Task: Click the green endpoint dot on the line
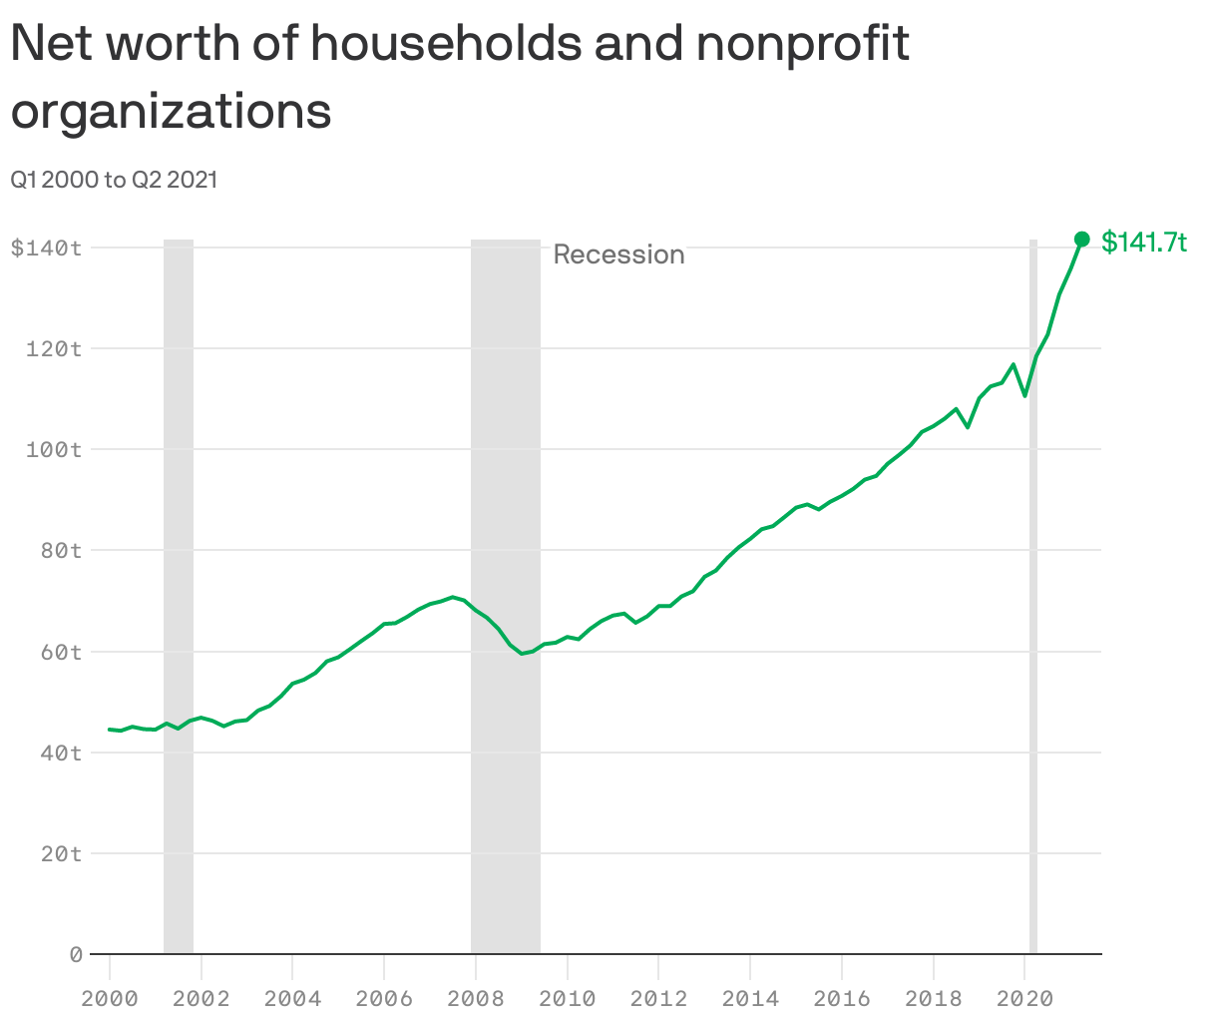1081,239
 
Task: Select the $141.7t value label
1144,242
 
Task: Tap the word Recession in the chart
618,254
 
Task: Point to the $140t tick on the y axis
46,248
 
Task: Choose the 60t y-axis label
60,652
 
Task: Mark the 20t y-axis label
60,853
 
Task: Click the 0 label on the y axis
75,954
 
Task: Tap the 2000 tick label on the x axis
110,998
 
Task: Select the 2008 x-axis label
476,998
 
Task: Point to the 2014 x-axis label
750,998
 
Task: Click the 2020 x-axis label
1024,998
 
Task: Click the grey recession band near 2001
179,599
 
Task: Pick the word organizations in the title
171,111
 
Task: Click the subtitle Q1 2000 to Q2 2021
114,180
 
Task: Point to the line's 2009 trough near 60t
522,654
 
